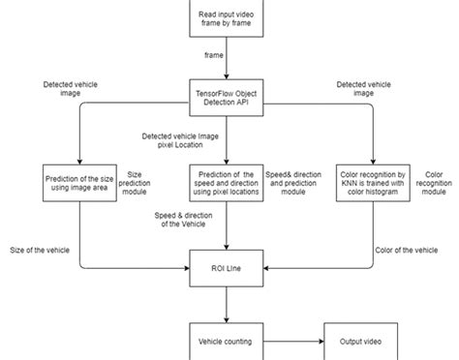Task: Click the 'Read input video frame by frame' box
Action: pyautogui.click(x=227, y=18)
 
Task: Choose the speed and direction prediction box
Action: pyautogui.click(x=226, y=183)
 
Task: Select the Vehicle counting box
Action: pyautogui.click(x=226, y=343)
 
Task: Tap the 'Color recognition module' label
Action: pyautogui.click(x=432, y=183)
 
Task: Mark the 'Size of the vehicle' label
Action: pyautogui.click(x=40, y=251)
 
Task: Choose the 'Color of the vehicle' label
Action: pyautogui.click(x=411, y=251)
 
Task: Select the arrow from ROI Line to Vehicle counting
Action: pyautogui.click(x=226, y=304)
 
